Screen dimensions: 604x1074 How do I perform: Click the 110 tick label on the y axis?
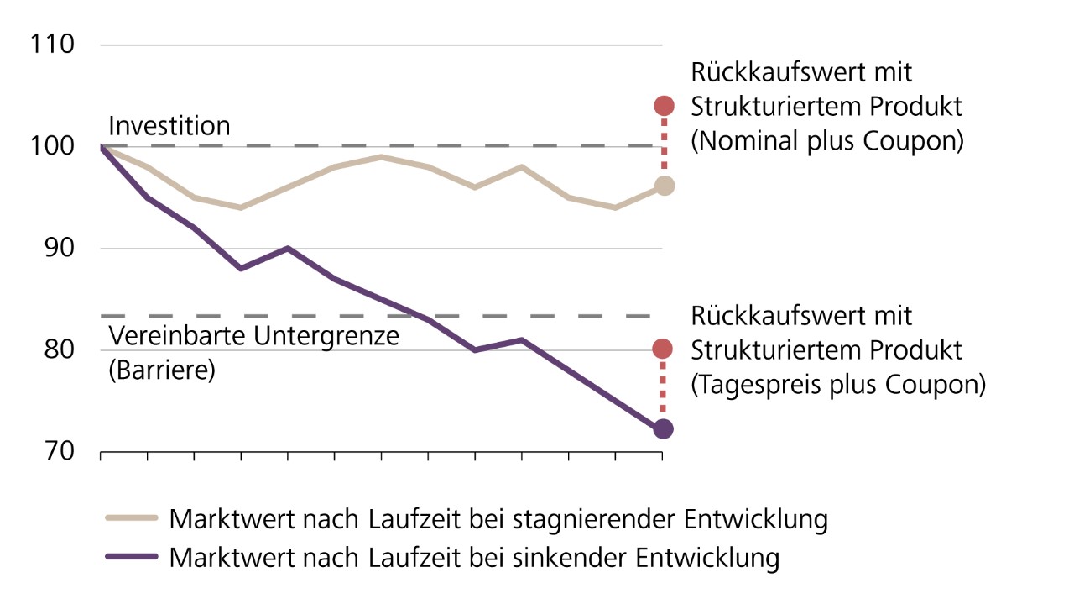click(52, 45)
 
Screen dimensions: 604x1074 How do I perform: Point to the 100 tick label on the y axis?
click(52, 146)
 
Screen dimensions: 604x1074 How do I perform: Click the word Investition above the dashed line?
click(169, 126)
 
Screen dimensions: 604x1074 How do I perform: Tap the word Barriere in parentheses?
click(162, 370)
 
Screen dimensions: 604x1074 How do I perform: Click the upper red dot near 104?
click(664, 106)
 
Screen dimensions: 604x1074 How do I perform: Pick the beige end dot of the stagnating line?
click(664, 186)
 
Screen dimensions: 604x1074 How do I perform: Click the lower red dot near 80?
click(663, 349)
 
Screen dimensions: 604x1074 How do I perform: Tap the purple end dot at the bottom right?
click(663, 429)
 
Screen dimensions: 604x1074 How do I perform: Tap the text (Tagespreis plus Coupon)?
click(837, 385)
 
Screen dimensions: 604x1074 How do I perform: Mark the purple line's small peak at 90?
click(288, 249)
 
